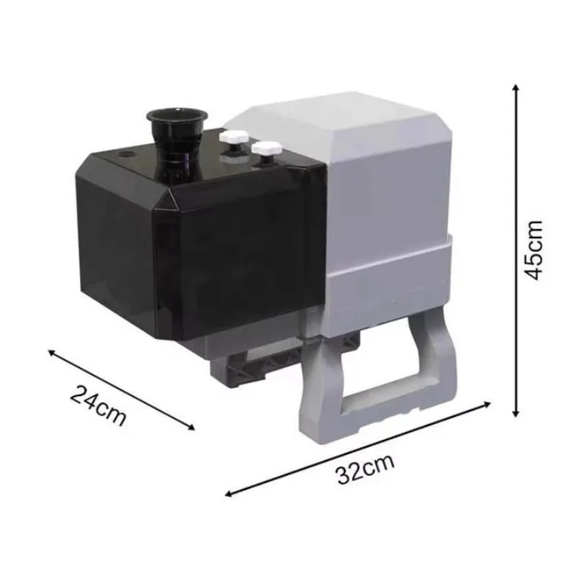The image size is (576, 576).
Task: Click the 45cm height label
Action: click(533, 250)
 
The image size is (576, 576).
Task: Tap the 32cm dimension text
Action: click(365, 469)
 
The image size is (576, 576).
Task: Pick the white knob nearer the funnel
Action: click(234, 140)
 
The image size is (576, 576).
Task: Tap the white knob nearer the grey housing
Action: click(266, 150)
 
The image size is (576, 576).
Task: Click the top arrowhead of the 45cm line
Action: click(516, 88)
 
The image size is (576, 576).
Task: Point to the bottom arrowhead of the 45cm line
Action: click(516, 413)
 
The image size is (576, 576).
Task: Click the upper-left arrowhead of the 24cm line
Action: click(52, 353)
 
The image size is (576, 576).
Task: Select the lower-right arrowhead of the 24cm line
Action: click(191, 427)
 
